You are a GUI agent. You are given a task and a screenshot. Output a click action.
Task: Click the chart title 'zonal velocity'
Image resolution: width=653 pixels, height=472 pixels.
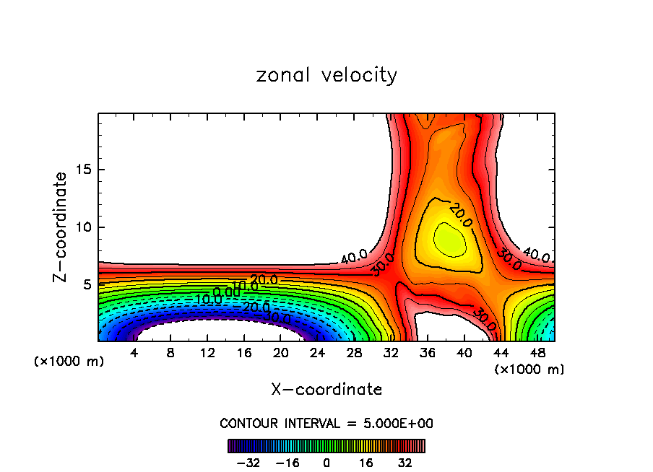point(326,75)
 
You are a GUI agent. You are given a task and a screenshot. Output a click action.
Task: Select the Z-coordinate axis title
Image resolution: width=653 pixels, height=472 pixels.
point(61,227)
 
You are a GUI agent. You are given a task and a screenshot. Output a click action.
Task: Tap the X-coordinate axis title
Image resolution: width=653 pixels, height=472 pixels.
point(326,390)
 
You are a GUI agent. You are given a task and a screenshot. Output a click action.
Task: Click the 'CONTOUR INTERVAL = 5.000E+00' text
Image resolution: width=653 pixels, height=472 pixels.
point(326,423)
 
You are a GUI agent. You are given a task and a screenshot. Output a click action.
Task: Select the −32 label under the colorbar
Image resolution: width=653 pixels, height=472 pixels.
point(249,463)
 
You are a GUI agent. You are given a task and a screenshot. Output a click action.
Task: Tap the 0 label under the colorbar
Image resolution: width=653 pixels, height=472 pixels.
point(326,463)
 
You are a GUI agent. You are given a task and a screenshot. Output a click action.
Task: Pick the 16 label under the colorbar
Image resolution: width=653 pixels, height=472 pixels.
point(366,463)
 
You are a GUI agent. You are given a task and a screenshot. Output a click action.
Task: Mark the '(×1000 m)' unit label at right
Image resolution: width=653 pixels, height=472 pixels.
point(529,370)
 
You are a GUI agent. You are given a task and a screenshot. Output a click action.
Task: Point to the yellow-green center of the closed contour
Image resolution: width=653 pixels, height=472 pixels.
point(448,240)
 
